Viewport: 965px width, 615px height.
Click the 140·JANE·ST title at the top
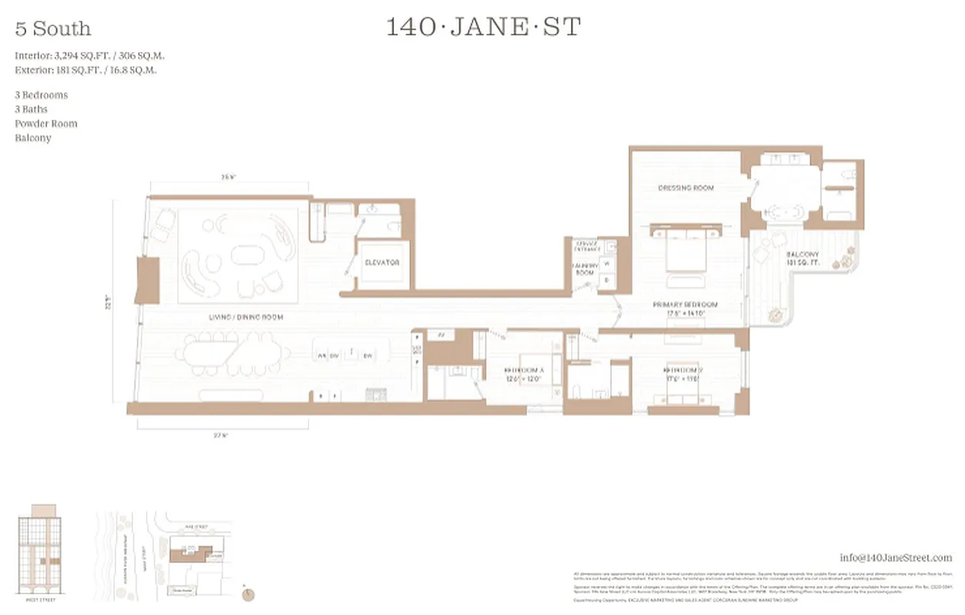(482, 28)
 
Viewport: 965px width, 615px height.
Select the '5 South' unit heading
(53, 29)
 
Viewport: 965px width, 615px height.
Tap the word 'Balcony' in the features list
(33, 138)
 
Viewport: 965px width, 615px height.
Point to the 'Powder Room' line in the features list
(46, 124)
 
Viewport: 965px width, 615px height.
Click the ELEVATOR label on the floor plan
(382, 263)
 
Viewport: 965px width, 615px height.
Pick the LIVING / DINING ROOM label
(245, 317)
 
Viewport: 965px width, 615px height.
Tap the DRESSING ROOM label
(686, 188)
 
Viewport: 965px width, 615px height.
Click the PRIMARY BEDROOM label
(685, 304)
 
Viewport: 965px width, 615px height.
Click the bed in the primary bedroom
(687, 253)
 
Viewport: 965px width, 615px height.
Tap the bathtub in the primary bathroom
(786, 211)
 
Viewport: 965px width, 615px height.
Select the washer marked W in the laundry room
(606, 263)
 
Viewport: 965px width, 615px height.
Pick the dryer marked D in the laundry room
(606, 279)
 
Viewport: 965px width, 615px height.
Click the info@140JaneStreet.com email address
(895, 557)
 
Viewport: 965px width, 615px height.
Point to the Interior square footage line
(89, 56)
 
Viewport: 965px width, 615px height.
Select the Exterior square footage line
(86, 70)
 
